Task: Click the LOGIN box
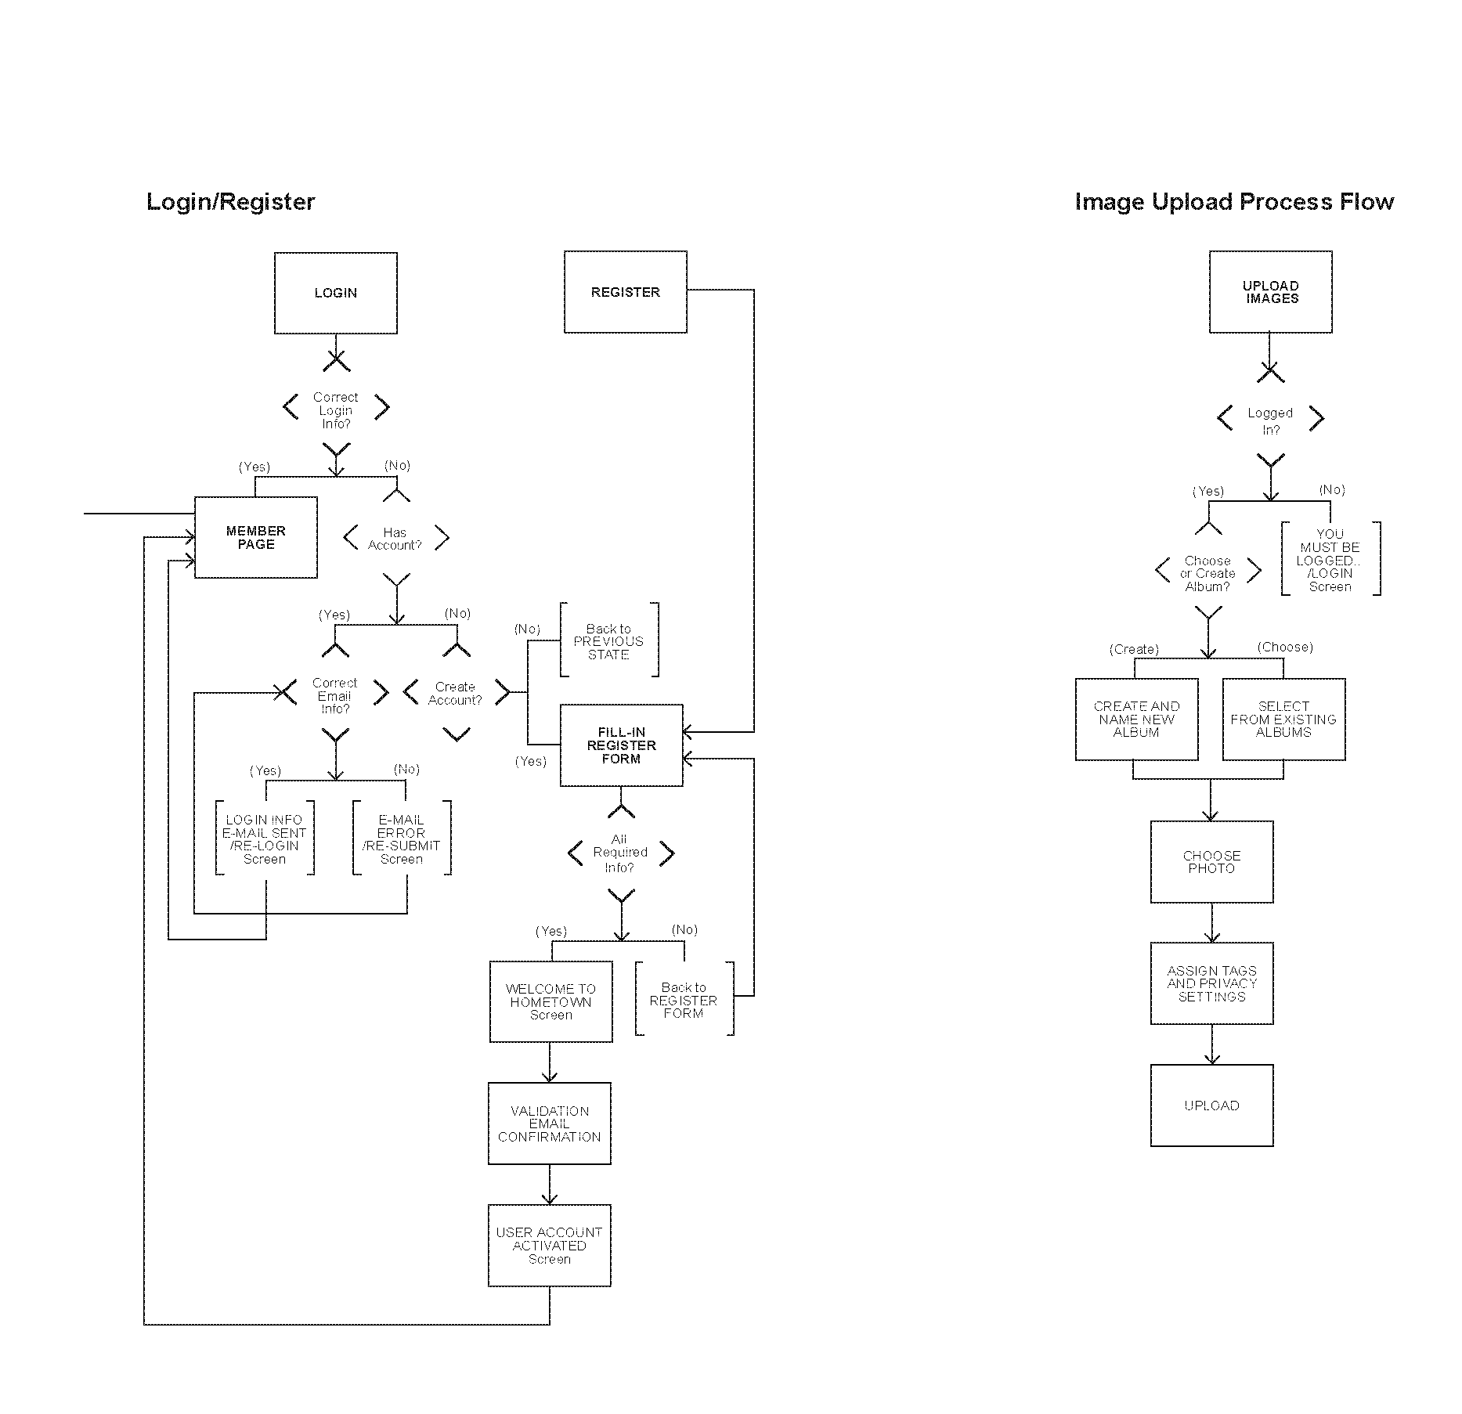(x=335, y=293)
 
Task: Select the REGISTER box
(x=625, y=292)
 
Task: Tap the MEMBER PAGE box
(x=255, y=537)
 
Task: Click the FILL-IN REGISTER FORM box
(x=621, y=745)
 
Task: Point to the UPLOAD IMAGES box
(x=1270, y=292)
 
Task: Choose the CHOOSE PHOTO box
(x=1211, y=862)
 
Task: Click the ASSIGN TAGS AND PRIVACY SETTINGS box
(x=1211, y=983)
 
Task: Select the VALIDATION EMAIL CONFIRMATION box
(x=549, y=1124)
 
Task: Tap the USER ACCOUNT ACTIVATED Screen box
(x=549, y=1246)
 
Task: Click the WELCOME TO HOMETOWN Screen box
(x=551, y=1002)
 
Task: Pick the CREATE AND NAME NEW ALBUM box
(x=1136, y=720)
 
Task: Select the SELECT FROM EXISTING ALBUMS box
(x=1283, y=720)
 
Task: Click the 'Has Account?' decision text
(x=395, y=539)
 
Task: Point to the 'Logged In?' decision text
(x=1270, y=421)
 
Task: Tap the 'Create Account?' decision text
(x=455, y=694)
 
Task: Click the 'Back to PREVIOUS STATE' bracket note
(x=608, y=641)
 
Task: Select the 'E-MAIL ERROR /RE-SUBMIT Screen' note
(x=401, y=839)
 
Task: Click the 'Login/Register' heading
(x=230, y=202)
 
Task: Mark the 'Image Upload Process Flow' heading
(x=1234, y=202)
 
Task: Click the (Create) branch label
(x=1134, y=650)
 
